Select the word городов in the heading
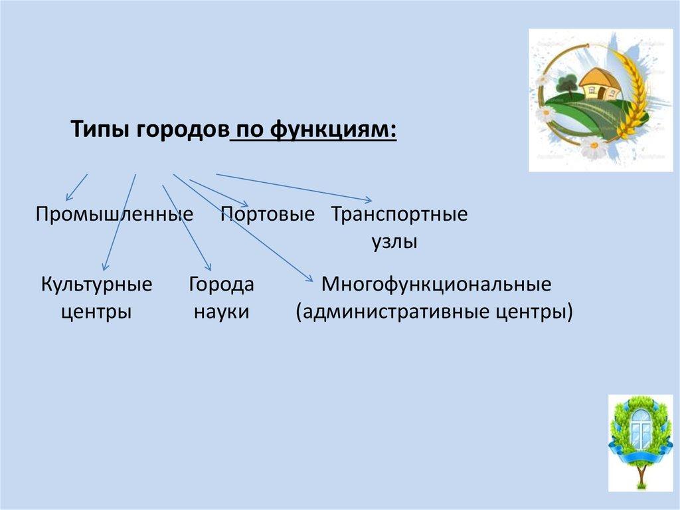pos(183,130)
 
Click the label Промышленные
pos(114,214)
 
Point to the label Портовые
pos(268,214)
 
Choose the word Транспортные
pos(399,215)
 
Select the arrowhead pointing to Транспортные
pos(369,200)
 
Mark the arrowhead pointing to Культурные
pos(104,267)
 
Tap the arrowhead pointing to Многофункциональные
pos(309,279)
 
